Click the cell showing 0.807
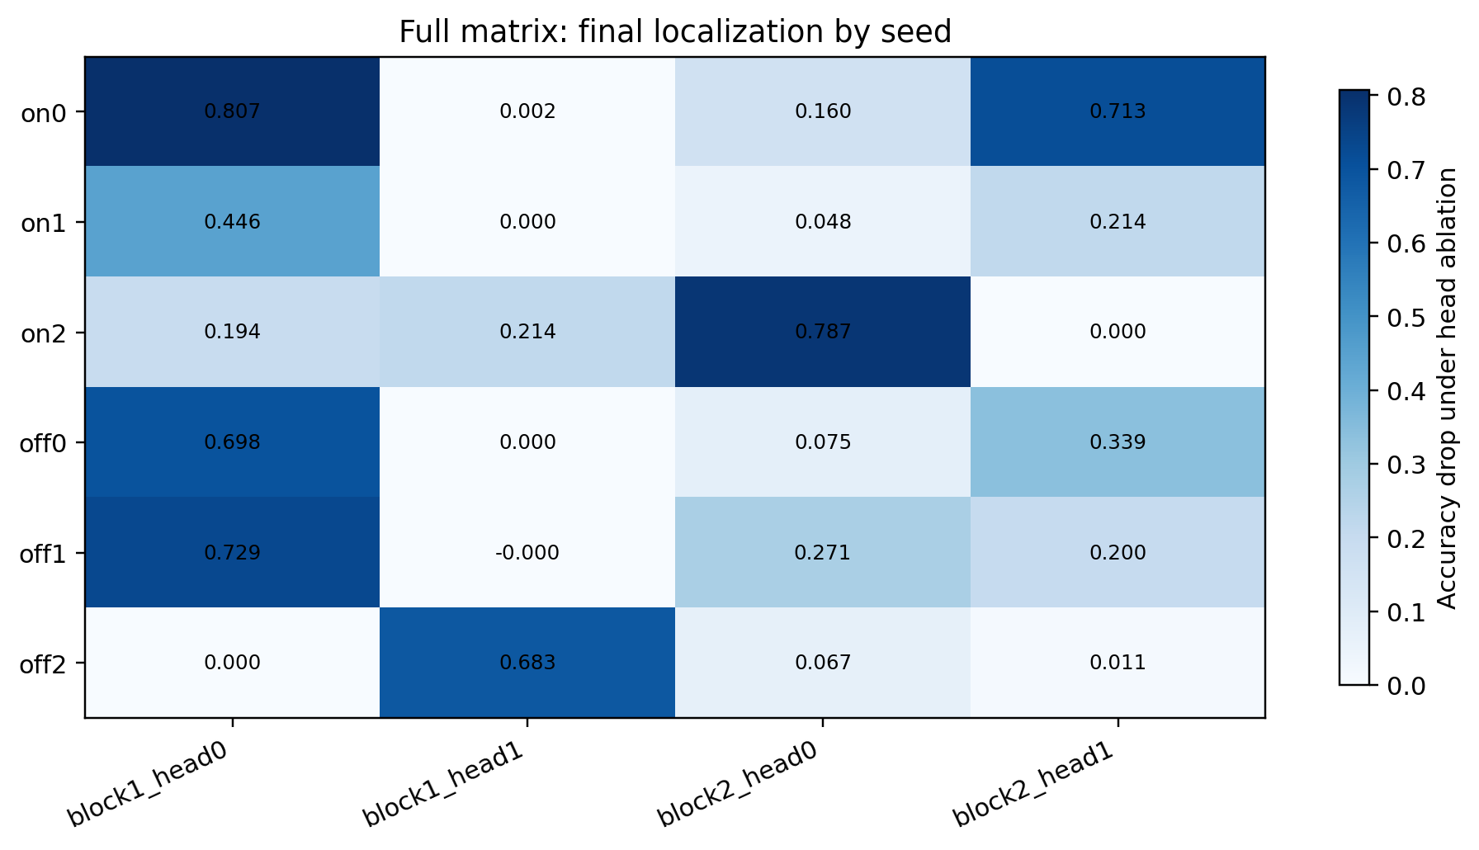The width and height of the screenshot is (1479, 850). pos(232,111)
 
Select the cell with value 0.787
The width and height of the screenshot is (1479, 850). pos(823,332)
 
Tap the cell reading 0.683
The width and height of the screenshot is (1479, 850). pos(527,663)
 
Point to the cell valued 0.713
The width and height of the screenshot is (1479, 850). pos(1118,111)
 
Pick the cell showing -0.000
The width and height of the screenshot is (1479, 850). pos(527,552)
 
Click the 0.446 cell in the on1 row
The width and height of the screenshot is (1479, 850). pos(232,222)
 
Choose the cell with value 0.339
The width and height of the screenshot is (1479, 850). pos(1118,442)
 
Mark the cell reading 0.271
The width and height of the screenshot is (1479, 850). pos(823,552)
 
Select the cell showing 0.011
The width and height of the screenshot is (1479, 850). pos(1118,663)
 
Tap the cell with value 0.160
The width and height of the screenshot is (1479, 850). pos(823,111)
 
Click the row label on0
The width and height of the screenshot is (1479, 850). pos(43,113)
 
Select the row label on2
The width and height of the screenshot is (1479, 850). pos(43,333)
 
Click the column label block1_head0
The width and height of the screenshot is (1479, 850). pos(149,781)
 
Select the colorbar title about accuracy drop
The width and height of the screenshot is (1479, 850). pos(1448,388)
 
